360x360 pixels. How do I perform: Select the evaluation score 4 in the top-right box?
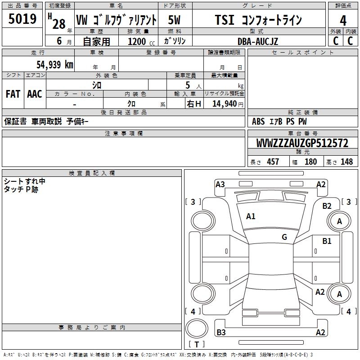point(343,20)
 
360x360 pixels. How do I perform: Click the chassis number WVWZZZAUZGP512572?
point(302,143)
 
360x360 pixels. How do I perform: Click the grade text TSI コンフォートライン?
point(258,20)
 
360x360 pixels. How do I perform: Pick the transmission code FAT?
point(13,94)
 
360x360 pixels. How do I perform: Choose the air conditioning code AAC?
point(35,94)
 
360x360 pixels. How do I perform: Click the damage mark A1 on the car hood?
point(251,216)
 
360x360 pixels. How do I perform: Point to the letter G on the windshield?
point(284,237)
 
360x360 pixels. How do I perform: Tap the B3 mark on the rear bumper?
point(221,333)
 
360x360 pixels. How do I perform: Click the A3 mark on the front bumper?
point(220,184)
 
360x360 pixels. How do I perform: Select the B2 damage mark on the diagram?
point(327,206)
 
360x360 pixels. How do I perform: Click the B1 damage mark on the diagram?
point(327,241)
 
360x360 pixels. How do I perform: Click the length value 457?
point(273,162)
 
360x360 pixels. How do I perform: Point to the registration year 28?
point(58,24)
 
